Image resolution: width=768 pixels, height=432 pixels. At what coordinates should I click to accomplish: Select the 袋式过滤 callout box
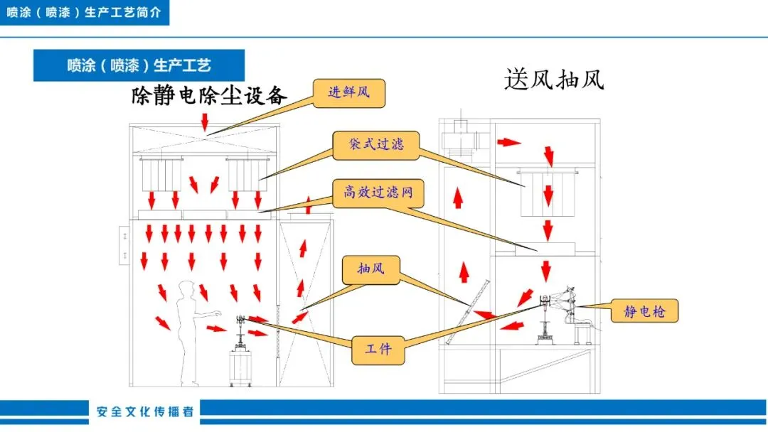pos(377,144)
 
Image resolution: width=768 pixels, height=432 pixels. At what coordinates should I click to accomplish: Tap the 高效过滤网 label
pos(374,192)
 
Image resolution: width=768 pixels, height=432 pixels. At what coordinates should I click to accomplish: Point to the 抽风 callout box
pos(370,269)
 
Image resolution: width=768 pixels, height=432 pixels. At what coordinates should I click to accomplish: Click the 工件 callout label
pos(378,349)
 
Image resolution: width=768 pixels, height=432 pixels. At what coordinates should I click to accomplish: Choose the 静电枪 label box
pos(644,310)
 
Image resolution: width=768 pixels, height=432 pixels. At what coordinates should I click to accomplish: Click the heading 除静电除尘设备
pos(209,95)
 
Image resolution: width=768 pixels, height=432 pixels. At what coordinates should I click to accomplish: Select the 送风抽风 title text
pos(554,79)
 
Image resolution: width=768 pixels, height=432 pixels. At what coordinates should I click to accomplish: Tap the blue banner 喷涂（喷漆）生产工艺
pos(139,65)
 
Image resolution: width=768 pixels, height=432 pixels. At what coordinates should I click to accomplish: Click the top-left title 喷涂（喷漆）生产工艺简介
pos(84,13)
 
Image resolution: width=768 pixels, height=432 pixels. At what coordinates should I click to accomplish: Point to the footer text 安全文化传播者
pos(145,412)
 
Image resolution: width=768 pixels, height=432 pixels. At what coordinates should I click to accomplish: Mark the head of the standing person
pos(186,289)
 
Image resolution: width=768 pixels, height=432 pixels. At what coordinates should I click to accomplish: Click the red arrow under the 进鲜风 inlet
pos(206,124)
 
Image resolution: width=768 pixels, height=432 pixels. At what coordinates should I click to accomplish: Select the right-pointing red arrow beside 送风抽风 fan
pos(508,142)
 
